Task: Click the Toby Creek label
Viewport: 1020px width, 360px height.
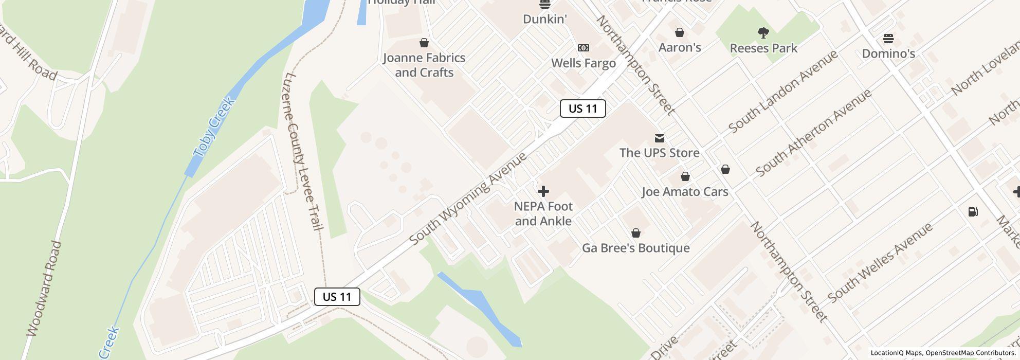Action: coord(214,127)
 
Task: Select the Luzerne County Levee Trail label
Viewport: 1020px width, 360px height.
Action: coord(303,151)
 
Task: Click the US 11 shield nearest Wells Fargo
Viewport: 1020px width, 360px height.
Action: coord(582,109)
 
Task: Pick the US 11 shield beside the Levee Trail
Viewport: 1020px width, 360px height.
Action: coord(337,297)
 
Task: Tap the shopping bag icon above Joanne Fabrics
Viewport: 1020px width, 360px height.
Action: coord(424,43)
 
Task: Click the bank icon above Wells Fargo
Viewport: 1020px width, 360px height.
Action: coord(584,48)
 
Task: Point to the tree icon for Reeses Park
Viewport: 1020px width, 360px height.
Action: coord(763,33)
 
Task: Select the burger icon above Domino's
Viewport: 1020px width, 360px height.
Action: coord(888,39)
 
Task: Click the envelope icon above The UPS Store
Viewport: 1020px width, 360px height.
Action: coord(659,138)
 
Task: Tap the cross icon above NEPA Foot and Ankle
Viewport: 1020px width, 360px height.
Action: coord(543,191)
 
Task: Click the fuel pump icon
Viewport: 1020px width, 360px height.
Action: coord(973,212)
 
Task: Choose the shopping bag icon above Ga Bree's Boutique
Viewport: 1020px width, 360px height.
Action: coord(636,233)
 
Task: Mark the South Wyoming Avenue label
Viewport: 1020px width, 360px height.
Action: coord(468,198)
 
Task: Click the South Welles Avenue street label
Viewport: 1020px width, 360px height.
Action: coord(880,262)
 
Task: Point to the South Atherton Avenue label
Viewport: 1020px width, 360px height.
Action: coord(814,132)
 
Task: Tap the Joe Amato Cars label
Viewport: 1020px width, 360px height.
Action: coord(685,192)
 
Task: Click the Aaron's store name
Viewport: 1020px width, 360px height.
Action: coord(680,47)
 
